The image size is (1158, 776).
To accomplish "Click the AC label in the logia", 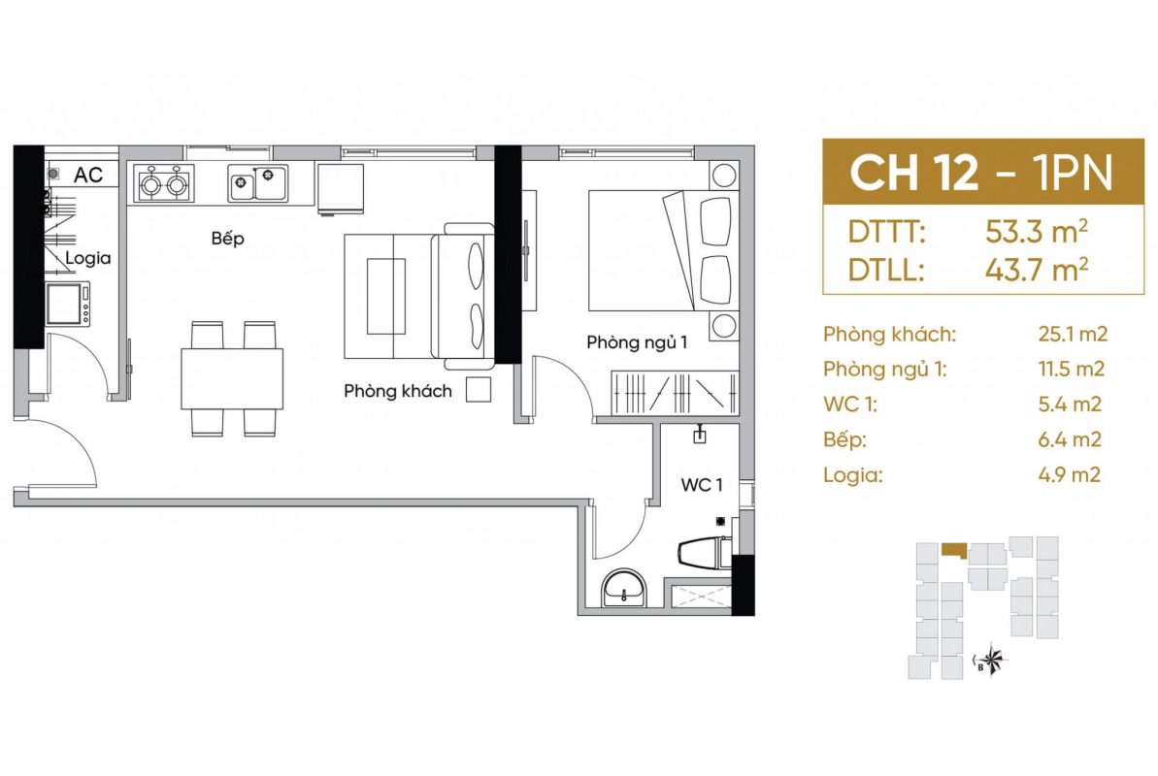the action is [x=88, y=175].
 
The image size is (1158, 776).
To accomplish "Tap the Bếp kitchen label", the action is [x=227, y=238].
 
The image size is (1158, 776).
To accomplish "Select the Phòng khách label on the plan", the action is [x=397, y=391].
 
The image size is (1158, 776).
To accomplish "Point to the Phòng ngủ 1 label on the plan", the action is [x=637, y=342].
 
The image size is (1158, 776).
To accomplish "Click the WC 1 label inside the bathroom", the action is [x=702, y=484].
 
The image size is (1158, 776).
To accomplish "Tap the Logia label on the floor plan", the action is [x=88, y=258].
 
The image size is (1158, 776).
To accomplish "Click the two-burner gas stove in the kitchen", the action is [x=164, y=184].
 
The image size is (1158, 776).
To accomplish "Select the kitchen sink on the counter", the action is [x=257, y=183].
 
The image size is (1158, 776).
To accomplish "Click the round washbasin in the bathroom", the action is [x=625, y=589].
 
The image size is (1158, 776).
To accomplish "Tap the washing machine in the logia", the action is [x=69, y=304].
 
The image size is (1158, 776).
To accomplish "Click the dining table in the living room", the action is [x=232, y=378].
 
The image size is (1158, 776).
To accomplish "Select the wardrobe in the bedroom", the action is [x=675, y=392].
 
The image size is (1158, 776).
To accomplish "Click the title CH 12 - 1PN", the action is [x=980, y=173].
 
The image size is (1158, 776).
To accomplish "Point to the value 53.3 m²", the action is [x=1036, y=232].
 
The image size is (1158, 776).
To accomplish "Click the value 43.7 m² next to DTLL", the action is [x=1036, y=270].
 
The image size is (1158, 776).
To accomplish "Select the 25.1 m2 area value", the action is [x=1073, y=335].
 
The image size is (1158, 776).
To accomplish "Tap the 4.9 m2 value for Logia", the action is [x=1070, y=474].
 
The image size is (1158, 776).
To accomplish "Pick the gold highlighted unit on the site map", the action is [x=954, y=550].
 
